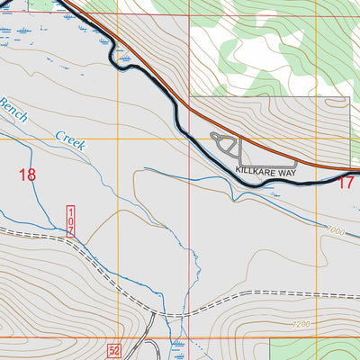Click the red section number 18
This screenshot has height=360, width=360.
tap(28, 175)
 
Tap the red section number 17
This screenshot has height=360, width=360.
tap(346, 183)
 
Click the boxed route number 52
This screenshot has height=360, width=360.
tap(113, 349)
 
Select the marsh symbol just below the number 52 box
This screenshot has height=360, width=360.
tap(177, 346)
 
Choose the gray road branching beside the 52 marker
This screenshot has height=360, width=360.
tap(151, 333)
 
